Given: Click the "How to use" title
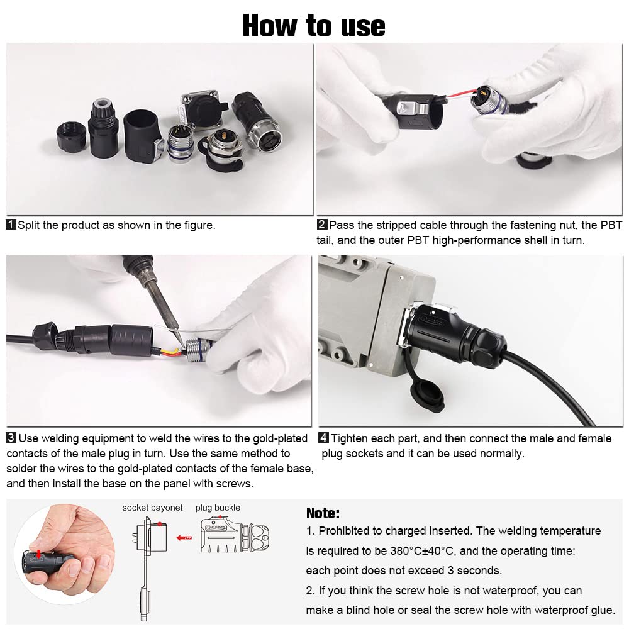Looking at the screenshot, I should [314, 26].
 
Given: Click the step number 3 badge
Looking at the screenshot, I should [11, 438].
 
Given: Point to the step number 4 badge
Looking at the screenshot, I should [324, 438].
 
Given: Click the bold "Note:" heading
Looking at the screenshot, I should [323, 513].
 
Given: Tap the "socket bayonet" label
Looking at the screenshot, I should [152, 508].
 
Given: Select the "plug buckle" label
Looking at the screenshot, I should [218, 508].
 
